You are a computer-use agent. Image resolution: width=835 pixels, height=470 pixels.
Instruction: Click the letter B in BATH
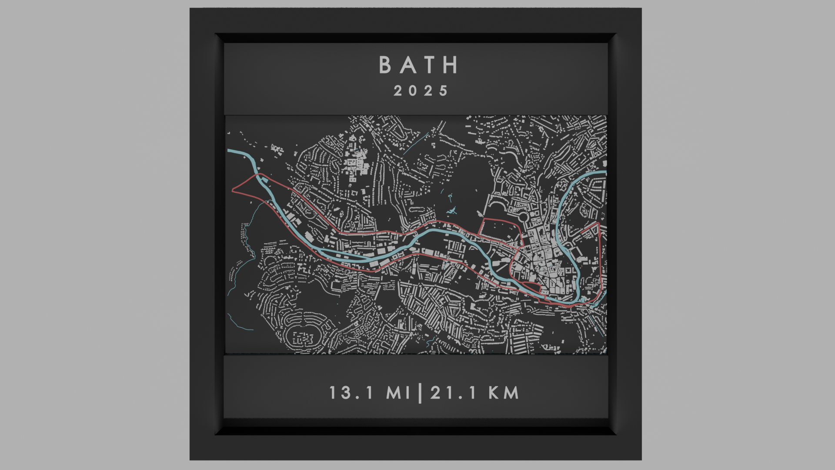tap(385, 65)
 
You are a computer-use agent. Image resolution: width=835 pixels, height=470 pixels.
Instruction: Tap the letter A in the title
tap(407, 65)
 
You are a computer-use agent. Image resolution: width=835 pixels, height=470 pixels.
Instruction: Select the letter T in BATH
tap(429, 65)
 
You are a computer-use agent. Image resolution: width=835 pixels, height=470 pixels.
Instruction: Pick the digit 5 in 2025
tap(444, 91)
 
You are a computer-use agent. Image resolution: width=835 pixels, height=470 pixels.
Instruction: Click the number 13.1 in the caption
tap(351, 393)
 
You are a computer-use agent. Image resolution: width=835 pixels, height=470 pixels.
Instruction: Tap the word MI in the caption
tap(398, 393)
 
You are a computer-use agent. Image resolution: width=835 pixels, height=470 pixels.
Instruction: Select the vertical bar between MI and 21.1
tap(420, 393)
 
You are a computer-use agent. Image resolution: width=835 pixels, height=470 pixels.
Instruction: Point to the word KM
tap(504, 393)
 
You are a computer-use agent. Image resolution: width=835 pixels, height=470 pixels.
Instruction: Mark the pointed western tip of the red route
tap(233, 190)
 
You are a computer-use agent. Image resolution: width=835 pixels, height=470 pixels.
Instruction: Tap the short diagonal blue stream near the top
tap(416, 144)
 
